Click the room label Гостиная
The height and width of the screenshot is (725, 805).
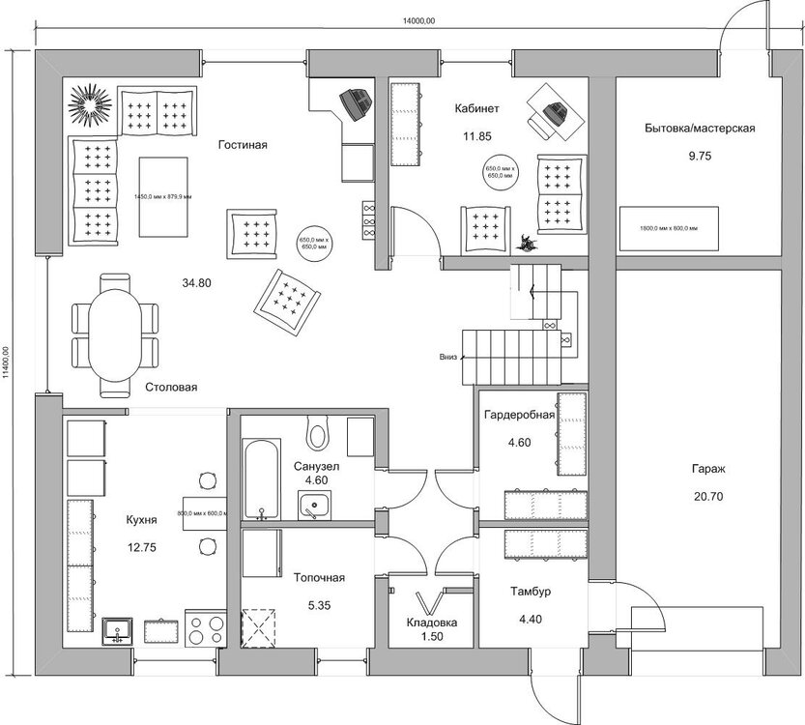(x=242, y=145)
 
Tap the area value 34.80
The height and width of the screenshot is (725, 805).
(x=196, y=283)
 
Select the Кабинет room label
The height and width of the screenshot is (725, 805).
(x=477, y=108)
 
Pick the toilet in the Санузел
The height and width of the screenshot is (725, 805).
(x=317, y=430)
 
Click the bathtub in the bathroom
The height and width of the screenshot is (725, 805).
(x=260, y=480)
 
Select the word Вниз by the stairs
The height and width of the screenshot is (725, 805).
(x=447, y=356)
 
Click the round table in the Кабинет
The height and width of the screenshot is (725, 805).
(x=502, y=173)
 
